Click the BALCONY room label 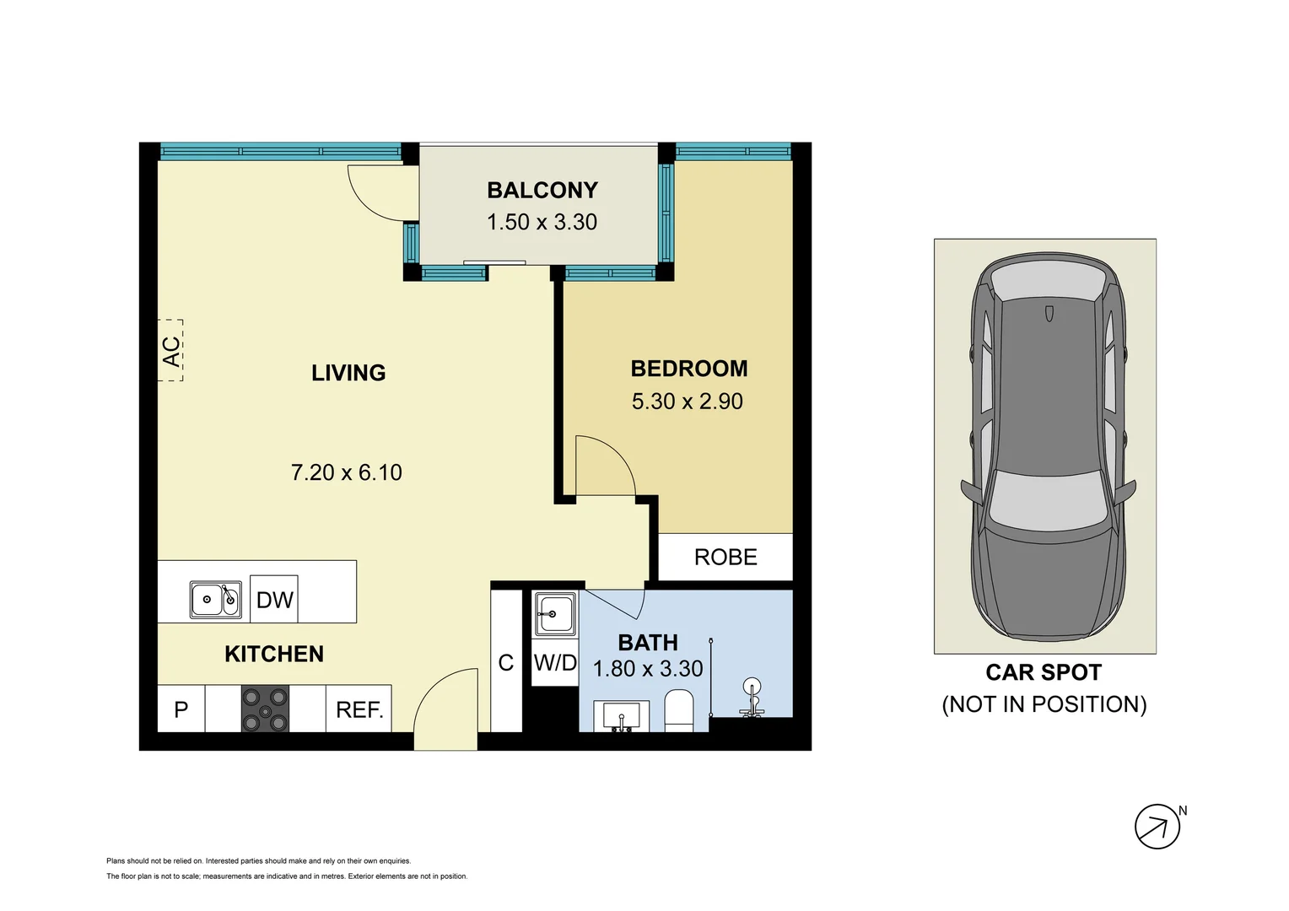(x=542, y=191)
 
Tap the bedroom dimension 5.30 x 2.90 (x=687, y=402)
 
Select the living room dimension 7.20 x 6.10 (x=346, y=472)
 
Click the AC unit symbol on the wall (x=170, y=351)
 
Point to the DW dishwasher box (x=274, y=600)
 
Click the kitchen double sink (x=216, y=600)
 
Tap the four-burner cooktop (x=265, y=709)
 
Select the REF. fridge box (x=359, y=709)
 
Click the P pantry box (x=181, y=709)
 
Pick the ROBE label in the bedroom (x=725, y=558)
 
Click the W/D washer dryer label (x=555, y=663)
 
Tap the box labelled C (x=506, y=663)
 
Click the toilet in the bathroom (x=678, y=710)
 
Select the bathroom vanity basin (x=622, y=717)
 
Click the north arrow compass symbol (x=1157, y=827)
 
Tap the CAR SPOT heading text (x=1044, y=672)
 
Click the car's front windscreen (x=1047, y=499)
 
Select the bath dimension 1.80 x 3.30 (x=648, y=669)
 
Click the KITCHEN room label (x=274, y=654)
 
